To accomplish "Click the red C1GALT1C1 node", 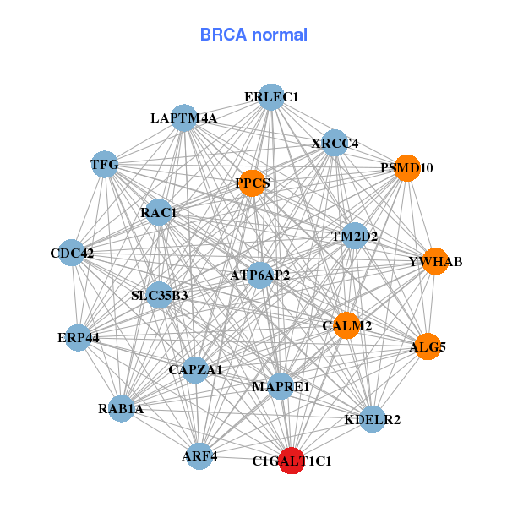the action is pyautogui.click(x=292, y=461).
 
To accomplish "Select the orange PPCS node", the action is pyautogui.click(x=252, y=183).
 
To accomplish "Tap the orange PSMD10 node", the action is pyautogui.click(x=407, y=168).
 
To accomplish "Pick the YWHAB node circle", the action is pyautogui.click(x=435, y=261).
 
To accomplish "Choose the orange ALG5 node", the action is pyautogui.click(x=428, y=346).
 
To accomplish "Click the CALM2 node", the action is pyautogui.click(x=346, y=325).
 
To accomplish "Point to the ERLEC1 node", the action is pyautogui.click(x=271, y=97).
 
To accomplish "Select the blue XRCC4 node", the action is pyautogui.click(x=335, y=143).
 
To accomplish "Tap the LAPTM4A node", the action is pyautogui.click(x=184, y=118).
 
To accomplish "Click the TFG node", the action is pyautogui.click(x=105, y=164).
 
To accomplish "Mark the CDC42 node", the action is pyautogui.click(x=72, y=253).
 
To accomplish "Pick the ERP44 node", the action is pyautogui.click(x=79, y=337).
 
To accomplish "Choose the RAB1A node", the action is pyautogui.click(x=121, y=408).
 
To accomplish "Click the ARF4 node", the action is pyautogui.click(x=199, y=456).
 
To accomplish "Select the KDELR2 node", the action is pyautogui.click(x=373, y=419).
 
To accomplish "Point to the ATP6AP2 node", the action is pyautogui.click(x=260, y=275).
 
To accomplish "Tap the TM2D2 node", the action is pyautogui.click(x=355, y=236).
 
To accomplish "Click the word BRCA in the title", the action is pyautogui.click(x=223, y=35).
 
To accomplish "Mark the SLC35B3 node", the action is pyautogui.click(x=160, y=295).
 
